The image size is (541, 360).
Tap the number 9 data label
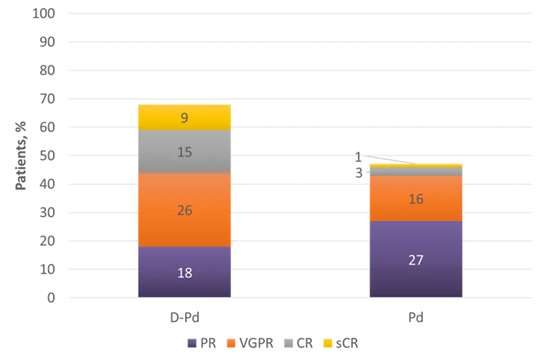(184, 117)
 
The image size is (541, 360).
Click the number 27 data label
(415, 260)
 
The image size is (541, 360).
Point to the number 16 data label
(415, 199)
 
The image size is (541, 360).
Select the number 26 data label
(184, 210)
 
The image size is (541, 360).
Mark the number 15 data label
(184, 152)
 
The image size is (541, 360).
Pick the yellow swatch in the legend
(327, 343)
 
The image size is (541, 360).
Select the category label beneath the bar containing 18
(185, 318)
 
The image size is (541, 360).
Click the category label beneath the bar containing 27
(415, 318)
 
